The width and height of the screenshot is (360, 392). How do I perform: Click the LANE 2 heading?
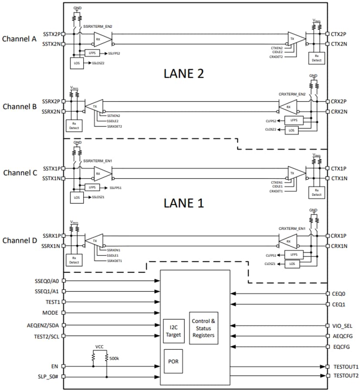tap(184, 73)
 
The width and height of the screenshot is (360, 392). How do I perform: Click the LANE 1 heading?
tap(184, 203)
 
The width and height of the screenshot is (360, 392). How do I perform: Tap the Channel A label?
tap(19, 39)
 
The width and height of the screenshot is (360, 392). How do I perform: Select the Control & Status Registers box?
tap(204, 328)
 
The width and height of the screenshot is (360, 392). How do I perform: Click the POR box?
tap(173, 362)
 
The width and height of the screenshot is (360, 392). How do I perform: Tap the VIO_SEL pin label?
tap(342, 325)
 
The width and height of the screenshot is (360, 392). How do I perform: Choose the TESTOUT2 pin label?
tap(345, 375)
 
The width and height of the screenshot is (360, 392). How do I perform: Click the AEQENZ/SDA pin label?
tap(47, 325)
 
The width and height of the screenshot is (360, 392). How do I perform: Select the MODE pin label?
tap(50, 313)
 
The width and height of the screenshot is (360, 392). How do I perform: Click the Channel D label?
tap(19, 240)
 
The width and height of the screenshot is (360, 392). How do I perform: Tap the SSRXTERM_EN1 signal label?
tap(98, 161)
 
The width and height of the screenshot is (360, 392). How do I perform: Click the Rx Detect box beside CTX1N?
tap(316, 192)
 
